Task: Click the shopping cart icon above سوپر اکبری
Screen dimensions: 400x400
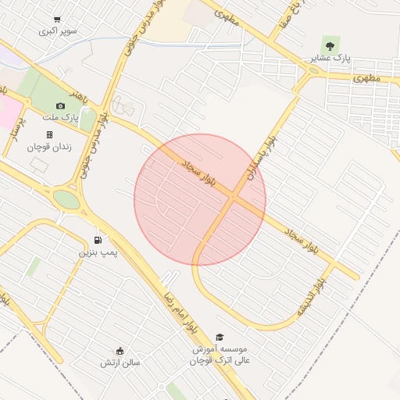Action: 57,20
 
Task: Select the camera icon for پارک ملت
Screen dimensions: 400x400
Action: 60,105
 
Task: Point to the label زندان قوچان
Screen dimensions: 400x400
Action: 49,147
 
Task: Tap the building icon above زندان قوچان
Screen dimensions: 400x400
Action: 49,134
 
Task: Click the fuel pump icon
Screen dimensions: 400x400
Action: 98,240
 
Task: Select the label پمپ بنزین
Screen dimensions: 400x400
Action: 95,253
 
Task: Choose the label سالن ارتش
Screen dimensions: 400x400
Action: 120,362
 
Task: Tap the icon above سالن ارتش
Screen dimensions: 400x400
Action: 120,350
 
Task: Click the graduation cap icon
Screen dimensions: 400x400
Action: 219,336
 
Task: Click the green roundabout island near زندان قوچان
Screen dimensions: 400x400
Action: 67,199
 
